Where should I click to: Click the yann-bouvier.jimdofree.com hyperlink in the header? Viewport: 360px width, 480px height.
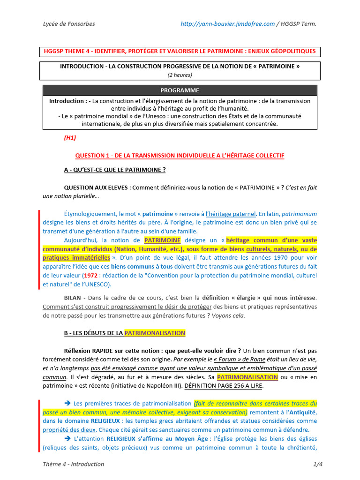pos(227,24)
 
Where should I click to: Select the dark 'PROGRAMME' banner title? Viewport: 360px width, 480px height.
pos(180,90)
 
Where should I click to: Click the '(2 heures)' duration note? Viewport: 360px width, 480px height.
pos(180,75)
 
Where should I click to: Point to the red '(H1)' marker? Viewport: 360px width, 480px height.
pos(70,138)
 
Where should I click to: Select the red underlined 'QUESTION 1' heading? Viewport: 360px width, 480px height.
pos(180,155)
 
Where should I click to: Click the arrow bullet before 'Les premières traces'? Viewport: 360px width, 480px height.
pos(67,403)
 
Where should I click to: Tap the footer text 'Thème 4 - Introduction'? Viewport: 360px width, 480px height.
pos(73,464)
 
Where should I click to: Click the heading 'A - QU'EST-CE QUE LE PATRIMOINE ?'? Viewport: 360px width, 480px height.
pos(115,170)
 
